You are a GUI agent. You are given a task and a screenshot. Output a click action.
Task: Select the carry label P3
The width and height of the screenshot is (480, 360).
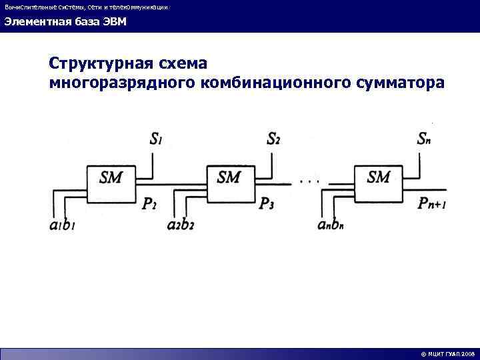267,203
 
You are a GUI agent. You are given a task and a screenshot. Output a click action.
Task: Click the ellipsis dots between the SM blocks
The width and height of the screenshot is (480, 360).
311,179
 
